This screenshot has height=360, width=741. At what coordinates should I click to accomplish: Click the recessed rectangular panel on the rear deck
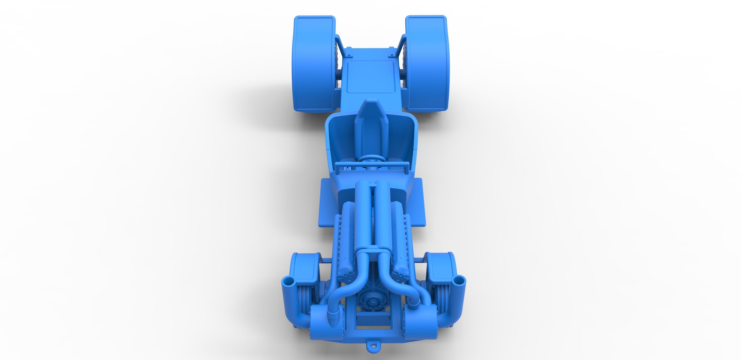point(370,77)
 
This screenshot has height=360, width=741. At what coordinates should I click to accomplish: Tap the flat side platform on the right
point(414,201)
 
